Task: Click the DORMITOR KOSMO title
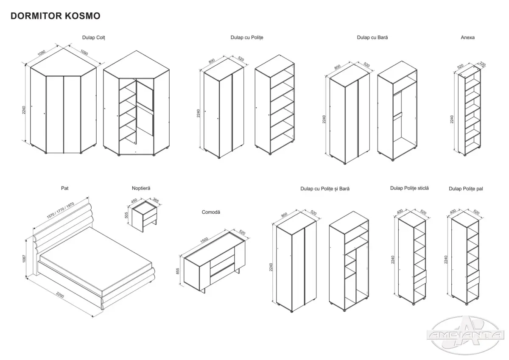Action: pos(55,16)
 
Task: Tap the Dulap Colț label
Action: pos(93,37)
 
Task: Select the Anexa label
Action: pos(467,37)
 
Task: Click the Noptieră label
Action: pos(141,187)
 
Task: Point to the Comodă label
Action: pos(211,212)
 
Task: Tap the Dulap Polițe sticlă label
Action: pos(409,187)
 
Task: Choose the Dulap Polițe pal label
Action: pos(466,188)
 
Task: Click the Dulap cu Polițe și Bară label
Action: pos(325,188)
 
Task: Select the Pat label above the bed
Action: pos(64,187)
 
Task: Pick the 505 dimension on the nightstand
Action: pos(126,215)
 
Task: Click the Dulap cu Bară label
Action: pos(372,37)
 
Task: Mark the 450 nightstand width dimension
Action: pos(134,201)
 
